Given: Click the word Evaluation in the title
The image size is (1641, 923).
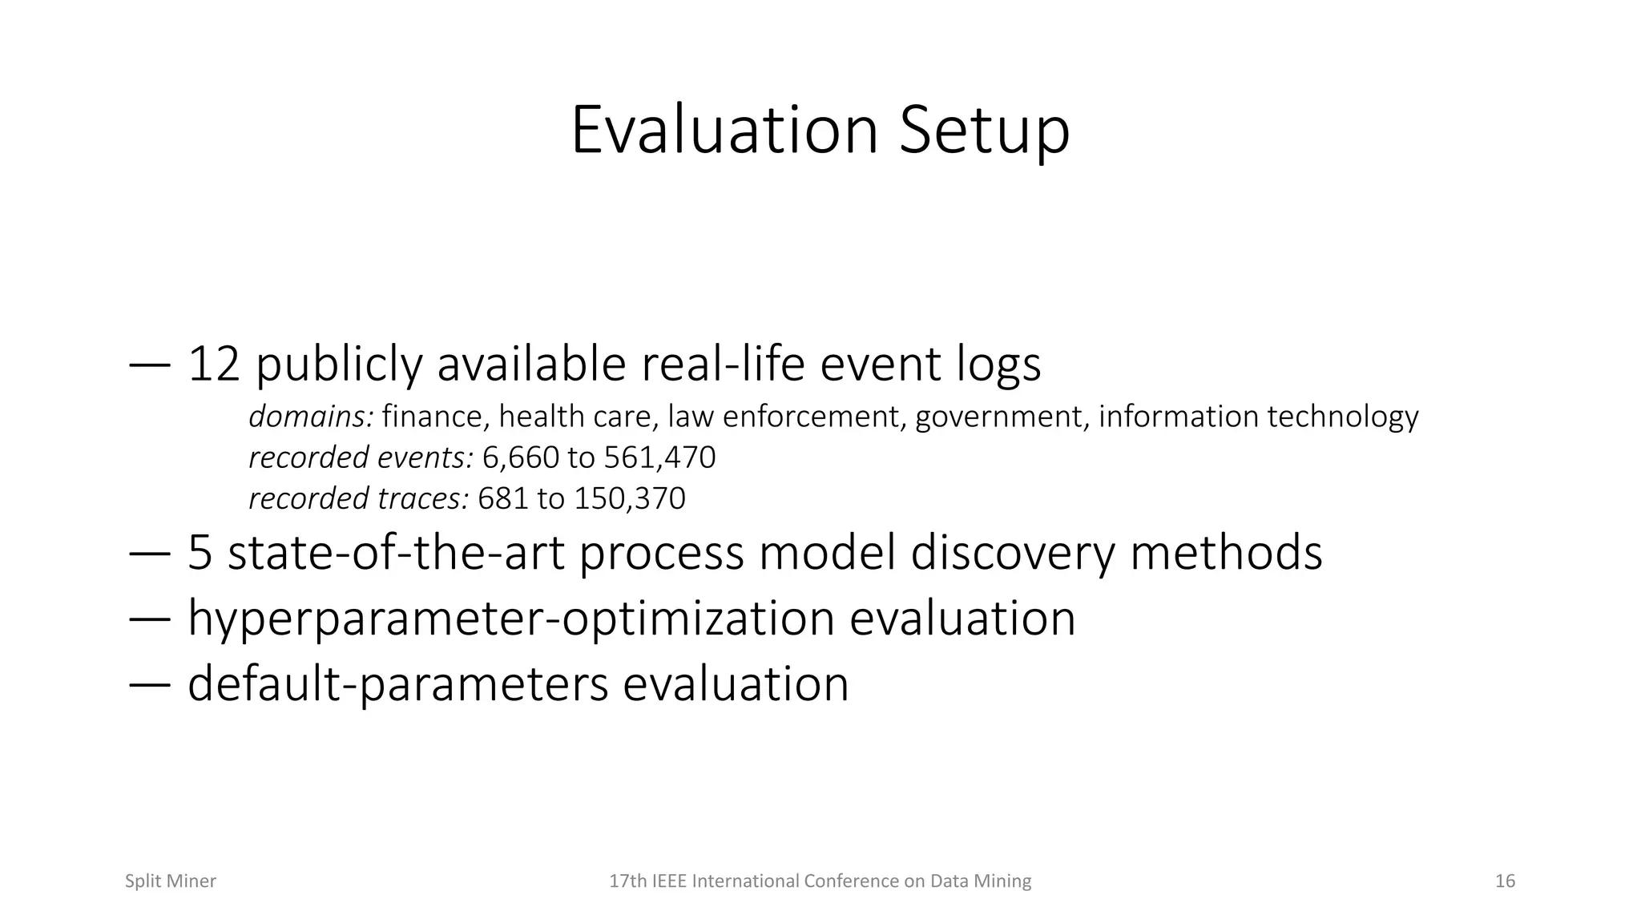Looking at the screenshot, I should click(724, 130).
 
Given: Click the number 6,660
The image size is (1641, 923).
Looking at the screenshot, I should click(521, 457).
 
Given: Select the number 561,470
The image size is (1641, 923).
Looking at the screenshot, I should click(659, 457).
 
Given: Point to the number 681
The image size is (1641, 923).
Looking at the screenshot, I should click(503, 498).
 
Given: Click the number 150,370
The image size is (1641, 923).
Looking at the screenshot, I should click(630, 498).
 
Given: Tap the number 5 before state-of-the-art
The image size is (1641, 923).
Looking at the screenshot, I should click(200, 553).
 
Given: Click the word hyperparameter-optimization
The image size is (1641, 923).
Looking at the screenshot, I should click(511, 619).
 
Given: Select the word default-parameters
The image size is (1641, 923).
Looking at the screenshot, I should click(398, 684).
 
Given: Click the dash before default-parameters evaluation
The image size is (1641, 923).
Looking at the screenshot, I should click(149, 684).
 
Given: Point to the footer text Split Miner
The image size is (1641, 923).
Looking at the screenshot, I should click(171, 881).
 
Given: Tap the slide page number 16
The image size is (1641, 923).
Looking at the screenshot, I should click(1505, 881).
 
